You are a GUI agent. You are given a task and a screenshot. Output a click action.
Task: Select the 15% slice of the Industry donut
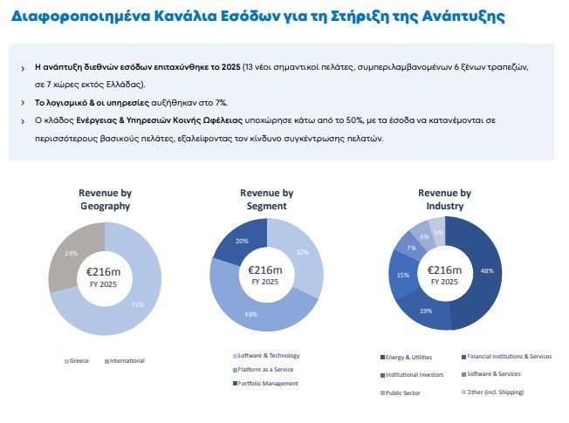coord(404,275)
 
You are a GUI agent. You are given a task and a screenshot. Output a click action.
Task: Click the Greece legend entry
coord(78,360)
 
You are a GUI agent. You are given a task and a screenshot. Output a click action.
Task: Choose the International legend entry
coord(125,360)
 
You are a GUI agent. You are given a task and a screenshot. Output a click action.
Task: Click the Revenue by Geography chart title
coord(104,200)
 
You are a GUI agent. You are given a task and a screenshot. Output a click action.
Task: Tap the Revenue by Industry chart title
coord(444,200)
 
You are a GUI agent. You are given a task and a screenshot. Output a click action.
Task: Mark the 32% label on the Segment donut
coord(303,253)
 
